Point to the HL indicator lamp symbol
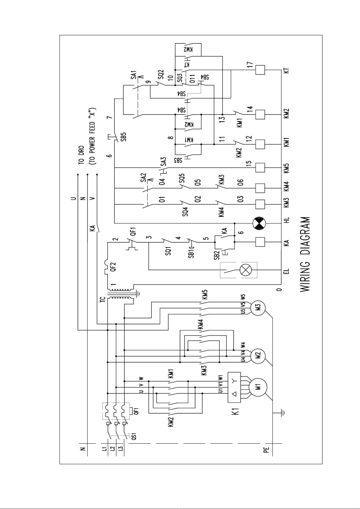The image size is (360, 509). point(259,224)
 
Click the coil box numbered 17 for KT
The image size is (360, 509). point(260,70)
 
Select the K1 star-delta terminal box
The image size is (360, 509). point(234,387)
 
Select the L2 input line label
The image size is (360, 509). point(112,449)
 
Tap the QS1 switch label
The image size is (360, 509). point(134,437)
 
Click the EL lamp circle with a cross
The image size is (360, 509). point(244,270)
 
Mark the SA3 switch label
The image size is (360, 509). point(163,162)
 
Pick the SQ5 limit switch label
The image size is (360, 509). point(182,178)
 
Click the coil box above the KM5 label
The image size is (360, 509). point(260,167)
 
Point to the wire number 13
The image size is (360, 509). point(222,119)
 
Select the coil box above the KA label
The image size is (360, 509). point(260,242)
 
